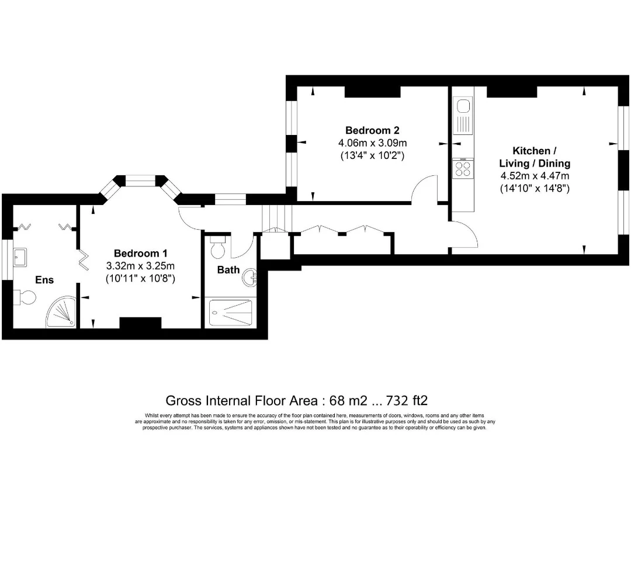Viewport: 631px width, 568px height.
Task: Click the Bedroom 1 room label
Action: [140, 253]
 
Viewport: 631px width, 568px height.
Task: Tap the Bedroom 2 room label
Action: [372, 130]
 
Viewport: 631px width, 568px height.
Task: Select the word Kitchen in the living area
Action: [531, 150]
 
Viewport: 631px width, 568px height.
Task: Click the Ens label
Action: [44, 280]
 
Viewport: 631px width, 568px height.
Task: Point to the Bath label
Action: [228, 269]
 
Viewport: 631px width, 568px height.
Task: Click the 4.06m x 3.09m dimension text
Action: [372, 143]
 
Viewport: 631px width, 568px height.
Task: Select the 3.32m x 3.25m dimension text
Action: [140, 266]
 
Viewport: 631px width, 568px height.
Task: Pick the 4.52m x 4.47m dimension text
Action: [534, 176]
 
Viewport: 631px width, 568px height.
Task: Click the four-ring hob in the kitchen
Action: [463, 169]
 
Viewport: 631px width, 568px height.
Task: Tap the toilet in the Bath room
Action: [218, 248]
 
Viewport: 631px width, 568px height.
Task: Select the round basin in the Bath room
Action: [251, 278]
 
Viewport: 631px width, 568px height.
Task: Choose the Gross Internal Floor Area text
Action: [297, 400]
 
